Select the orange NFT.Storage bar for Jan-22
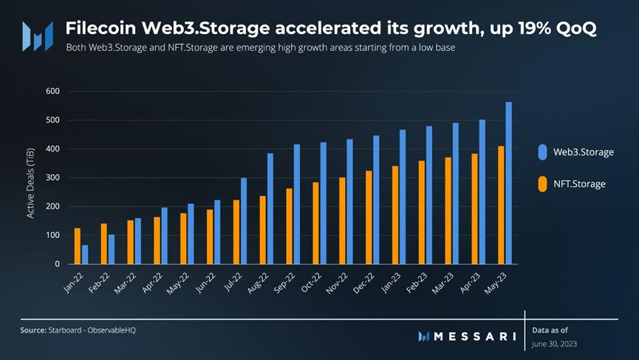77,245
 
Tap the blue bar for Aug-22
270,208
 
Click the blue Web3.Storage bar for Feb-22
112,249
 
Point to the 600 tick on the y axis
52,91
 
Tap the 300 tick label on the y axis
52,177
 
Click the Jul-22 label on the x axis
234,285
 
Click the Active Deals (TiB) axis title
31,181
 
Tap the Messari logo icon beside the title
37,35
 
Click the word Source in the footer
33,330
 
